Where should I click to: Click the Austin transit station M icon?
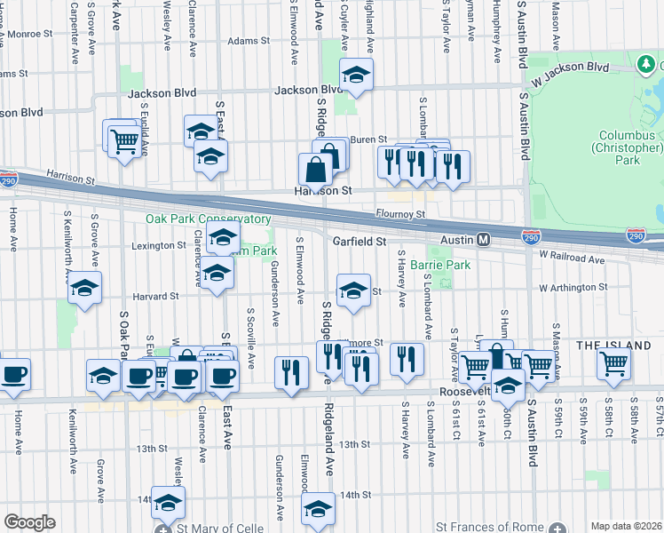(x=484, y=240)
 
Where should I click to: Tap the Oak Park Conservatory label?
(x=209, y=219)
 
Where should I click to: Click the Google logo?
(x=29, y=522)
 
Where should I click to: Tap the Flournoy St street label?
(x=401, y=214)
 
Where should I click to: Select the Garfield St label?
(x=360, y=241)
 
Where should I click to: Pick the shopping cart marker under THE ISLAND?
(x=613, y=362)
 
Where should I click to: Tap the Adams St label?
(x=248, y=41)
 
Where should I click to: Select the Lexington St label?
(x=157, y=245)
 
